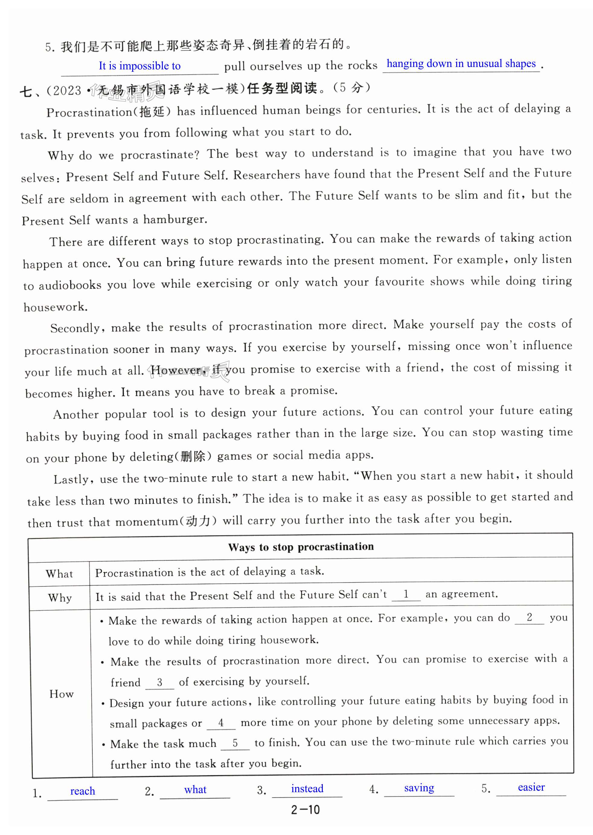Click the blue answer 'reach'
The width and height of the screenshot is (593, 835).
point(82,791)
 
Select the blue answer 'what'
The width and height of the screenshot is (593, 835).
point(195,789)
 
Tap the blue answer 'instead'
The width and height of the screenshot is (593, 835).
point(307,788)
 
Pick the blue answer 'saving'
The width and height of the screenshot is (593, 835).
point(419,788)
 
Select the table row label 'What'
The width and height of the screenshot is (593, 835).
point(59,574)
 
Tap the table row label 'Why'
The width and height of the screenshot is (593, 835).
point(60,598)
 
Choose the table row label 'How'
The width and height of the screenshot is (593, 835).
point(61,694)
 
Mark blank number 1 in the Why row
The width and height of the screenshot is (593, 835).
point(406,594)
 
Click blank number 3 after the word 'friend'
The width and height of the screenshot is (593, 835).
point(159,682)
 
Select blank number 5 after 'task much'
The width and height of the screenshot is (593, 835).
point(235,743)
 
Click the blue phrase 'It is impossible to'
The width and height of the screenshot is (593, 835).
point(139,66)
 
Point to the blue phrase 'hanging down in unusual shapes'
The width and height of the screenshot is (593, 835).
point(461,64)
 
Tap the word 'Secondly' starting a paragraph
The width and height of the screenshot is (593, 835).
point(75,328)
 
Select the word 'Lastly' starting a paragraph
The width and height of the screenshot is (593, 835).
point(71,479)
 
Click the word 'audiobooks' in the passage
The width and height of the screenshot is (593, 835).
point(70,285)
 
